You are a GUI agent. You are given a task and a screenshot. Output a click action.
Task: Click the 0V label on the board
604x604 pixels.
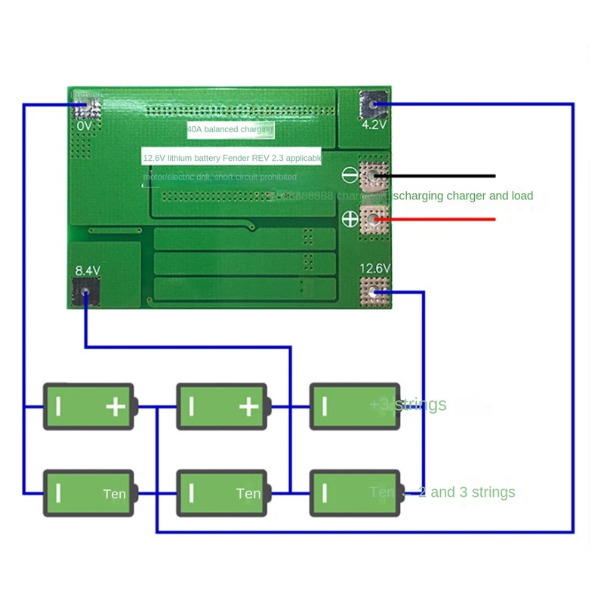[85, 125]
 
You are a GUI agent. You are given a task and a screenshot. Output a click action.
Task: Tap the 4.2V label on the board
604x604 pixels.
[374, 125]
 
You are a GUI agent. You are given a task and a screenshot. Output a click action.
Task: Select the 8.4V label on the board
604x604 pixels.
[88, 269]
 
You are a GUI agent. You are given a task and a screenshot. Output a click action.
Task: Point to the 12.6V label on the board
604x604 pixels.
[374, 268]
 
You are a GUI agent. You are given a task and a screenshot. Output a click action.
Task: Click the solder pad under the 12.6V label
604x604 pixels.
[374, 290]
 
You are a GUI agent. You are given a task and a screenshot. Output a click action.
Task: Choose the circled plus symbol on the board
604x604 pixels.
[350, 220]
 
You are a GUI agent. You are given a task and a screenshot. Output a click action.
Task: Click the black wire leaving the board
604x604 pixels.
[438, 176]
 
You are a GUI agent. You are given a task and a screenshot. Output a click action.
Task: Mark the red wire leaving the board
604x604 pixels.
[438, 220]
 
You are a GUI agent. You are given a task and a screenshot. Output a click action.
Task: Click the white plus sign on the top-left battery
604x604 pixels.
[116, 408]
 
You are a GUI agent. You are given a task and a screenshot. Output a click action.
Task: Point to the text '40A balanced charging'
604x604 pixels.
[230, 130]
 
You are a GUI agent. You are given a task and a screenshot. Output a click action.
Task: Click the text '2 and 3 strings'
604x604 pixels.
[467, 492]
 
